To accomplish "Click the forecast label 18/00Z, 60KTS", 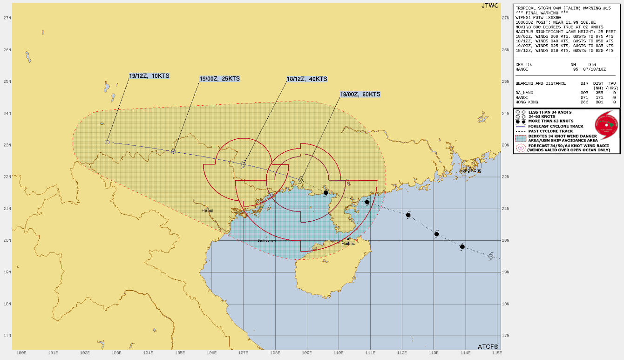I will [x=360, y=94].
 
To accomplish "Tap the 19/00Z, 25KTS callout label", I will [x=219, y=79].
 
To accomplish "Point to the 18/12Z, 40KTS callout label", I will [x=307, y=79].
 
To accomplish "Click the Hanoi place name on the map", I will [x=207, y=211].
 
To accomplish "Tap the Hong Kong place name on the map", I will [x=470, y=170].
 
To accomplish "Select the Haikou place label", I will [x=348, y=243].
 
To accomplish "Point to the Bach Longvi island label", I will [x=267, y=240].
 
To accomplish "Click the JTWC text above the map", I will [x=489, y=6].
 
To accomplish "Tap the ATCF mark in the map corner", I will [x=488, y=346].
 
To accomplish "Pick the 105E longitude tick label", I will [x=179, y=353].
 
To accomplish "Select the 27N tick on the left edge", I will [x=7, y=18].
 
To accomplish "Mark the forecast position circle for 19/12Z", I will [x=107, y=142].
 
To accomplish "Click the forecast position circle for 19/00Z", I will [x=174, y=151].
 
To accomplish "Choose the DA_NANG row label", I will [x=525, y=93].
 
